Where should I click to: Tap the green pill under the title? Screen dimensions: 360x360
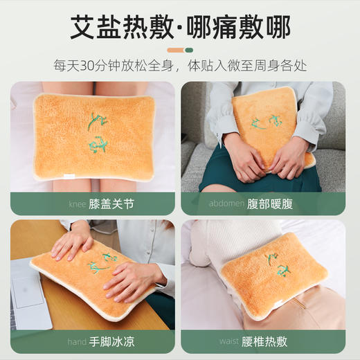[188, 50]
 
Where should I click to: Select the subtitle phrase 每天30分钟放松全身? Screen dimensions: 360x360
[114, 66]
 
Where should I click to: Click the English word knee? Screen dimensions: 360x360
[78, 204]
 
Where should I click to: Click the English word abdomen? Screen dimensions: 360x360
[225, 204]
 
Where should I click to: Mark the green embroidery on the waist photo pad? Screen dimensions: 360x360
[276, 271]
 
